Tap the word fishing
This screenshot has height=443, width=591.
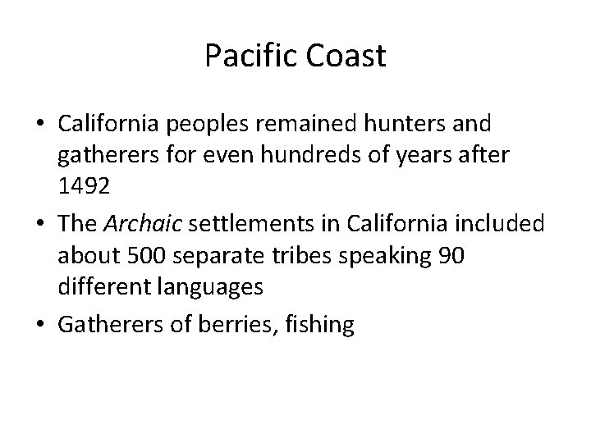click(316, 323)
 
